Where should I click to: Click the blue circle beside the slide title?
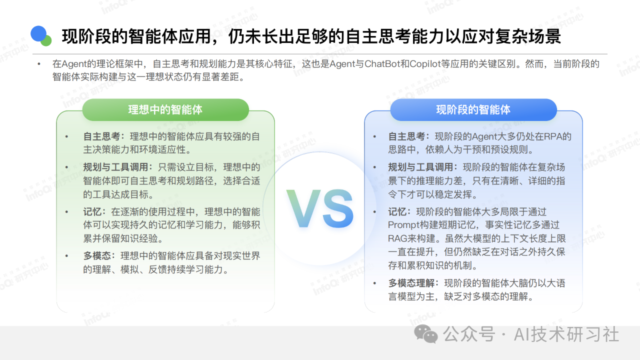coord(38,33)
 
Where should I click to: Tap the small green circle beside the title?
coord(46,40)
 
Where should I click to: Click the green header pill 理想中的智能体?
coord(165,109)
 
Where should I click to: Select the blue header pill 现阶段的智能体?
coord(473,109)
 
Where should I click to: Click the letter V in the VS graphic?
coord(303,208)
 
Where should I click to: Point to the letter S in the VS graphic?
coord(338,208)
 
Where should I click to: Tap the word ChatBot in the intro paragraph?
coord(382,63)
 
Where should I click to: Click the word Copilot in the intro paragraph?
coord(425,64)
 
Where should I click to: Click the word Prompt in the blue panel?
coord(403,225)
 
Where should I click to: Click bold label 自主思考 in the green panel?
coord(101,136)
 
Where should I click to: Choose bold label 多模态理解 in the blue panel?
coord(411,283)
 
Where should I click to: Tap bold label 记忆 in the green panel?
coord(92,211)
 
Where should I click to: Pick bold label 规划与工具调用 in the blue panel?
coord(420,167)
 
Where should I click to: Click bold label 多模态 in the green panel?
coord(97,255)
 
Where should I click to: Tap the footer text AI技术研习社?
coord(566,334)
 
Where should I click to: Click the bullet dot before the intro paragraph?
coord(39,64)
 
